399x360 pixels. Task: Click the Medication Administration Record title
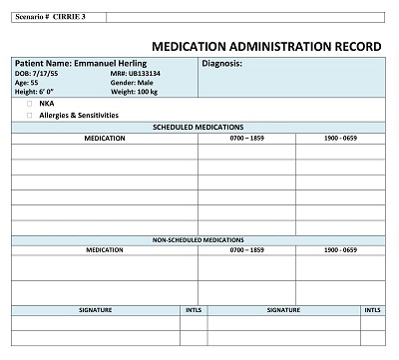click(x=264, y=46)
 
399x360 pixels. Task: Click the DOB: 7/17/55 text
click(x=33, y=74)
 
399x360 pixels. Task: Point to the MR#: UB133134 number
click(x=137, y=74)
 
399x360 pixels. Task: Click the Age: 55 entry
click(x=26, y=83)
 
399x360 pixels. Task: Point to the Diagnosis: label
click(x=221, y=64)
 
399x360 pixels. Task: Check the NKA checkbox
click(x=30, y=103)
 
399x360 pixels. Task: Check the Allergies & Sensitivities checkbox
click(x=30, y=115)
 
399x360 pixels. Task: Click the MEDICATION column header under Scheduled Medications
click(x=105, y=139)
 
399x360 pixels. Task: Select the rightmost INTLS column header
click(x=372, y=310)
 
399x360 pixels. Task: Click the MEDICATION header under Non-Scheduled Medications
click(x=105, y=250)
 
